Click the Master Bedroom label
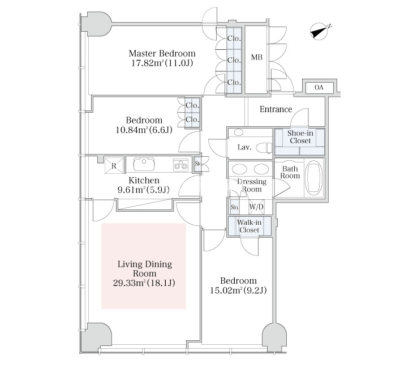(162, 53)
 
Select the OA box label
(319, 88)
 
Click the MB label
(256, 58)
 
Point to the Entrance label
(276, 109)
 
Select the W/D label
(256, 207)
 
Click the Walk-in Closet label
(249, 226)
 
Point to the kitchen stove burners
(181, 165)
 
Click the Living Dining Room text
(144, 269)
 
